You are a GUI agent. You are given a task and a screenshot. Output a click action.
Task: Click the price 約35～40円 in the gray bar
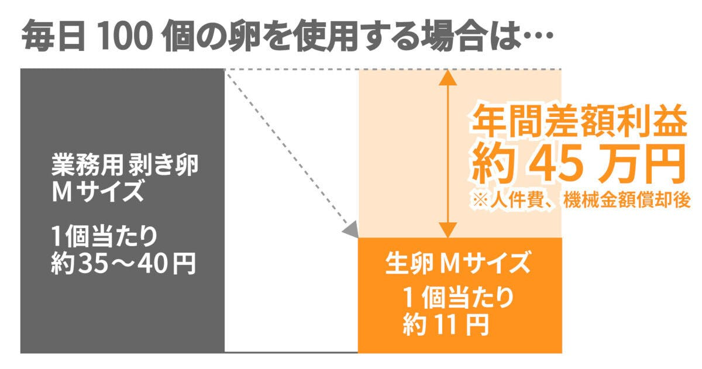point(123,264)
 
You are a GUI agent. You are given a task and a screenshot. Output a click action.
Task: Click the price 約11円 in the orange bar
point(445,323)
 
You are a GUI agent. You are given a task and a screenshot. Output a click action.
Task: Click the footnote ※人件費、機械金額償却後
point(580,199)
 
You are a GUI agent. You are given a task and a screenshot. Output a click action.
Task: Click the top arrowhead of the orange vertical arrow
point(448,75)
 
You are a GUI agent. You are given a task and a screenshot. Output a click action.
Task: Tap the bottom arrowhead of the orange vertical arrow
point(448,232)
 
